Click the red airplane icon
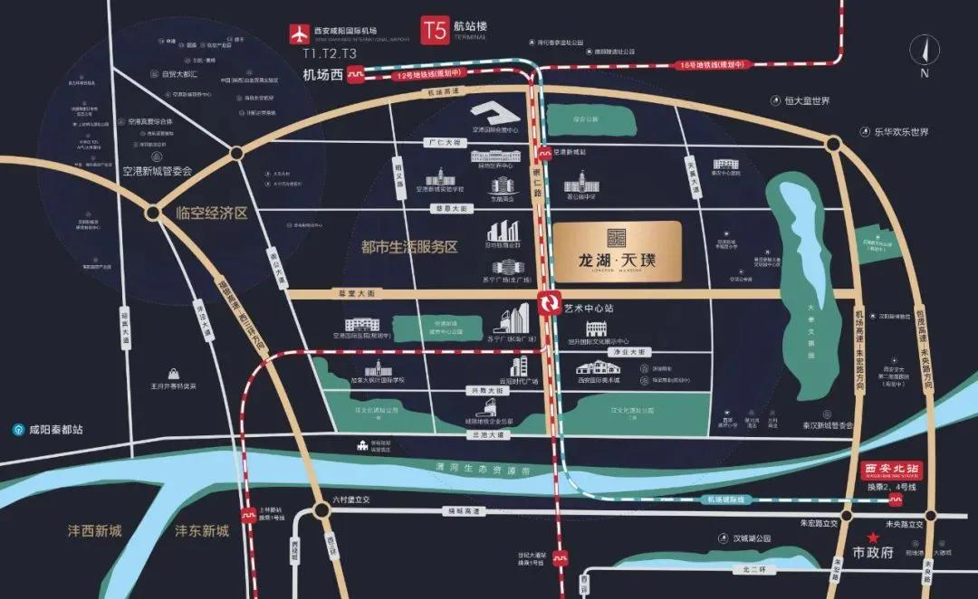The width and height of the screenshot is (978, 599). point(298,33)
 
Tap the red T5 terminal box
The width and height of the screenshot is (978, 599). point(435,31)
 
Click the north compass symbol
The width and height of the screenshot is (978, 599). point(924,55)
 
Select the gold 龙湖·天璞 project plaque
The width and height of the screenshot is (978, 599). point(618,249)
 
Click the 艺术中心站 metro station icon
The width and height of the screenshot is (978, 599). point(548,305)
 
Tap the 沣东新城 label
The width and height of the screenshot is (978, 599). point(202,530)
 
